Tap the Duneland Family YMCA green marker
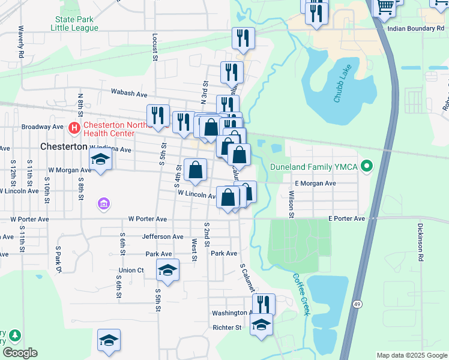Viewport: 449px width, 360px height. click(369, 166)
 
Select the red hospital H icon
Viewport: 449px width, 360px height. click(74, 127)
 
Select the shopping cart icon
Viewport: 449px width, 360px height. click(385, 7)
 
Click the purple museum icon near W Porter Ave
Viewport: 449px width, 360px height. click(104, 205)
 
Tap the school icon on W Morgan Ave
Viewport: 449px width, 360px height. click(101, 160)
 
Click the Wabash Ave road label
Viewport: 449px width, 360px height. click(129, 94)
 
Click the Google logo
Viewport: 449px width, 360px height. click(20, 353)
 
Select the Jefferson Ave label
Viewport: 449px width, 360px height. click(163, 237)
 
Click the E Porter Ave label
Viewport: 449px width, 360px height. click(346, 219)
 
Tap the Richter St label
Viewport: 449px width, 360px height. click(227, 328)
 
